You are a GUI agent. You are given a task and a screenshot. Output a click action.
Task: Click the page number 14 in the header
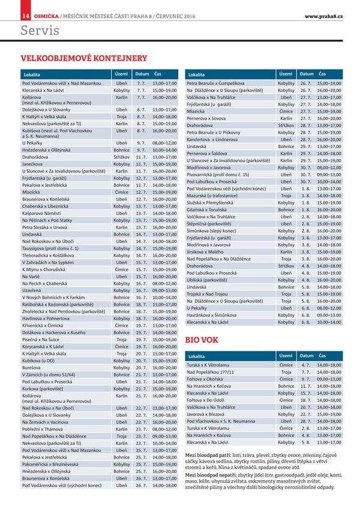9,6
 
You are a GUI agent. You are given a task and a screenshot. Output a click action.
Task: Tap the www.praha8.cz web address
323,6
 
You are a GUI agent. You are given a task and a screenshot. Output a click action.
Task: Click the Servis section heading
40,29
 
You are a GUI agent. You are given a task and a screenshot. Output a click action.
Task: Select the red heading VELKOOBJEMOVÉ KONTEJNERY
84,58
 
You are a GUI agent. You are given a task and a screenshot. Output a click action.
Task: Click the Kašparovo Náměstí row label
43,213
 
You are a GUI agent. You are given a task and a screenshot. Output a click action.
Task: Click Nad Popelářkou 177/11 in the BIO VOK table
214,372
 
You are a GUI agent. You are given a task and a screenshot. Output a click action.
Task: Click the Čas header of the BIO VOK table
323,356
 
